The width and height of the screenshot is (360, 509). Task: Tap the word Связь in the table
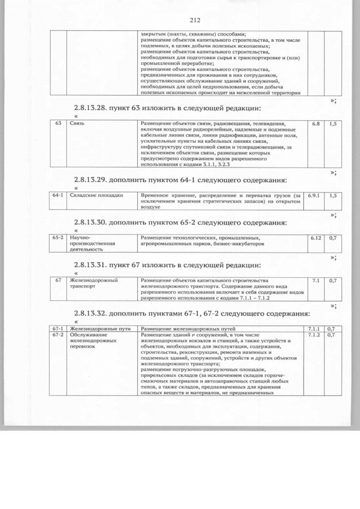pos(77,122)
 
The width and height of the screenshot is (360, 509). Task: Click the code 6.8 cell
pos(316,122)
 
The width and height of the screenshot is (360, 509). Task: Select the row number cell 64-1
pos(57,195)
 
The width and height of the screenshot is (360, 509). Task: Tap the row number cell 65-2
pos(57,237)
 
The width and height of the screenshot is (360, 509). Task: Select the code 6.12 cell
pos(316,237)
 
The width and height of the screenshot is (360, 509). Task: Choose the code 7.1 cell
pos(316,280)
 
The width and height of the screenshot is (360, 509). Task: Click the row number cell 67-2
pos(57,335)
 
